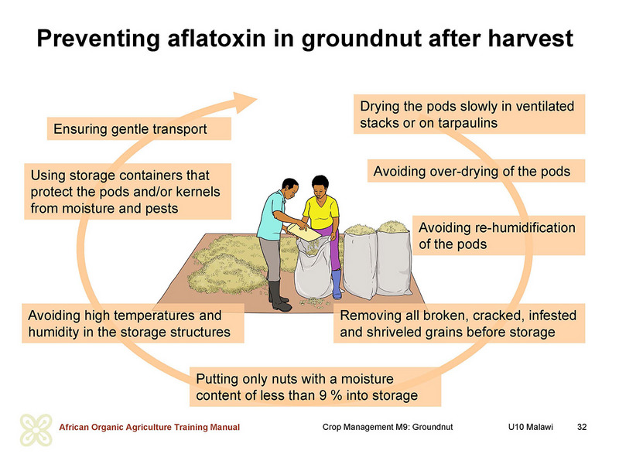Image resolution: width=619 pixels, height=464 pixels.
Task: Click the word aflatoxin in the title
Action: pos(217,38)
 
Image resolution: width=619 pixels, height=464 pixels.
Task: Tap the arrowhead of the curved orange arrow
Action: pos(244,102)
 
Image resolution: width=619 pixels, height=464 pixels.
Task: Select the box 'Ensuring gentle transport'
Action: pos(139,129)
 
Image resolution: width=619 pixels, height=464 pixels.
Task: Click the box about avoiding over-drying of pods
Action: pos(476,171)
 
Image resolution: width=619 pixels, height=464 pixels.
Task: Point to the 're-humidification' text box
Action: pos(498,236)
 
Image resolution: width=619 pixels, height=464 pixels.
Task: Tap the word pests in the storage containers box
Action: pos(162,208)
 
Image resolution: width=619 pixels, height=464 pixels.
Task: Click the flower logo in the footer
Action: pos(36,430)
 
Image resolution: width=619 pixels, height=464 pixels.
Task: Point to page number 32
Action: pos(582,427)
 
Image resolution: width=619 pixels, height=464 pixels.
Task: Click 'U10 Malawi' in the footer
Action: pos(531,427)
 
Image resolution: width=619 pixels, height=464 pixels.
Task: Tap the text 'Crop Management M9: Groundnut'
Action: pos(388,427)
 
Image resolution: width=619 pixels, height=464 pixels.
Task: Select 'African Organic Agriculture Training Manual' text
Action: pos(149,427)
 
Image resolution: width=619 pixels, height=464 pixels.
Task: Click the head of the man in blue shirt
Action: pos(290,188)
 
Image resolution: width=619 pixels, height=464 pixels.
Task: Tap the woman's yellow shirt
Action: pos(321,212)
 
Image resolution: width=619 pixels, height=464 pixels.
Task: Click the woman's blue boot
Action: pos(337,284)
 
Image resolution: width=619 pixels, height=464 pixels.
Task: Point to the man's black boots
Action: pos(279,296)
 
